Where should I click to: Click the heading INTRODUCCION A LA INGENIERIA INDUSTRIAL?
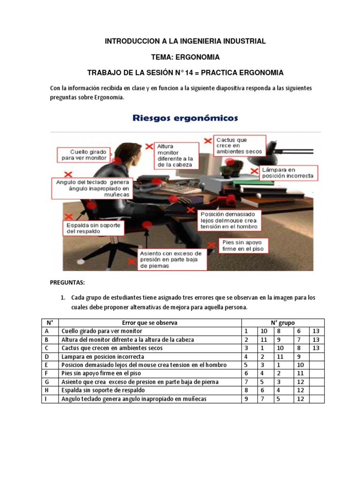(x=185, y=41)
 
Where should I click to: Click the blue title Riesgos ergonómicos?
(x=185, y=118)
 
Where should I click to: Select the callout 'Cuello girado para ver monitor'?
(x=84, y=155)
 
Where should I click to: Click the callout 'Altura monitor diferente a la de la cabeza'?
(x=175, y=156)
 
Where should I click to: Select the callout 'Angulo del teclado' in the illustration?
(x=92, y=187)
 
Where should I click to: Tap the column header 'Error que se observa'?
(x=150, y=322)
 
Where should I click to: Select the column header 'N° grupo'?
(x=283, y=322)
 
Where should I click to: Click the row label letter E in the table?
(x=47, y=365)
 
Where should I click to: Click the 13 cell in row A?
(x=316, y=331)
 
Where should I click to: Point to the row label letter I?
(x=47, y=398)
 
